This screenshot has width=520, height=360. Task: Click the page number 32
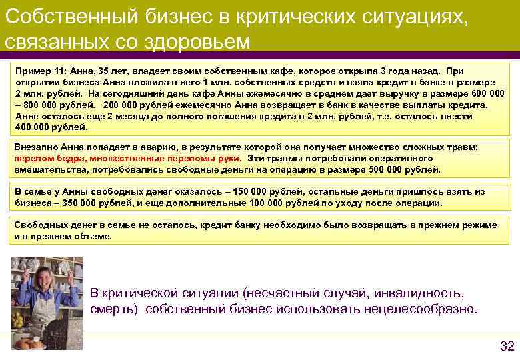point(507,345)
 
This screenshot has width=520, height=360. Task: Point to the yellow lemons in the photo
point(17,319)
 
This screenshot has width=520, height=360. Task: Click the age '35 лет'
point(99,71)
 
